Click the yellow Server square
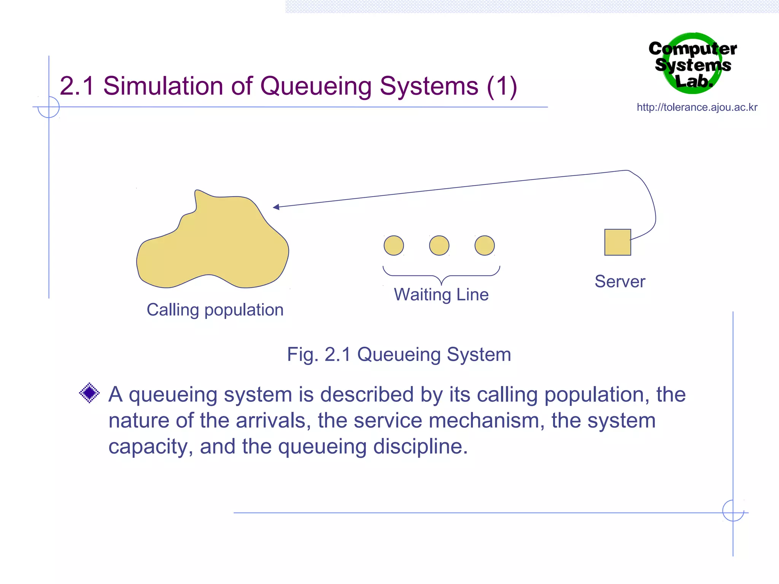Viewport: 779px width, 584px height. click(x=617, y=242)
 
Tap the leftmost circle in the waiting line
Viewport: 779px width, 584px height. click(x=394, y=245)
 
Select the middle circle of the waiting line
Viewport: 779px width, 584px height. click(x=439, y=245)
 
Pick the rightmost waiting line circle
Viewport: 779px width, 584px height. click(x=485, y=245)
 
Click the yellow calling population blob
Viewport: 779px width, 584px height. click(x=213, y=247)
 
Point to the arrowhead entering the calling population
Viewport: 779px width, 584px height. click(x=276, y=207)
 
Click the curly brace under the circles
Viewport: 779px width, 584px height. click(x=441, y=275)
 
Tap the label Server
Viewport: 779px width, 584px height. click(x=620, y=282)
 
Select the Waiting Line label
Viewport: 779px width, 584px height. click(x=441, y=295)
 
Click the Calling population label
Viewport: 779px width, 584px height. click(x=215, y=310)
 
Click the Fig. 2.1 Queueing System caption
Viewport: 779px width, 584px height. click(x=399, y=354)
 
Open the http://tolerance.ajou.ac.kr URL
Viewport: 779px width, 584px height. click(x=697, y=107)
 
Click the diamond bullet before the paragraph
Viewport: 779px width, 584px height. click(x=89, y=393)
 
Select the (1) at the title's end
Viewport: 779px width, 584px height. click(x=502, y=86)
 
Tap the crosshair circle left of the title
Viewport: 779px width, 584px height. click(x=49, y=107)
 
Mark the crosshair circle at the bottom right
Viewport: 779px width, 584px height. click(x=733, y=510)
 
